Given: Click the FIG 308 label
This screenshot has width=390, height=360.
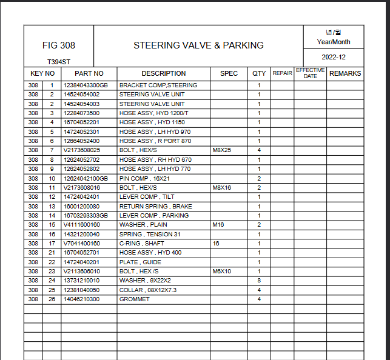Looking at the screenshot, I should pos(59,45).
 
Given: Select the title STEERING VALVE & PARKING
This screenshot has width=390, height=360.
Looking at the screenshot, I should pos(198,45).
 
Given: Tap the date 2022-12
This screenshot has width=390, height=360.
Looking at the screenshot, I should pos(333,57).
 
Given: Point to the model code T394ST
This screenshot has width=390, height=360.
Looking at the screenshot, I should pos(58,62).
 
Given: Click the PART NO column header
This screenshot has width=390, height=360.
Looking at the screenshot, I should pos(89,73).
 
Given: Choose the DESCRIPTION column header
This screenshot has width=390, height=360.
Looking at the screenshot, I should pos(164,73).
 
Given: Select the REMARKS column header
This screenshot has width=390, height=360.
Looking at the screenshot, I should pos(345,73).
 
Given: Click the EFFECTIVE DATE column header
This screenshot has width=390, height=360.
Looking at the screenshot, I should pos(310,73).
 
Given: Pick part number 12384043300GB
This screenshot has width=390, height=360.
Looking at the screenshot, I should pos(86,85).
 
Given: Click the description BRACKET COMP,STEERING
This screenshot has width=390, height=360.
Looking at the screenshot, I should pos(158,85).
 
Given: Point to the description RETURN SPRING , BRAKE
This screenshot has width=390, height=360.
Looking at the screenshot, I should pos(156,206).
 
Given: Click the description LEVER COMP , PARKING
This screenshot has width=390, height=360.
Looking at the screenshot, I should pos(154,216).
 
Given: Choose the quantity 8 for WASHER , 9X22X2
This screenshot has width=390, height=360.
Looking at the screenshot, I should pos(259,281).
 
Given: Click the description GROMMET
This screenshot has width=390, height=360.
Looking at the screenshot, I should pos(135,299).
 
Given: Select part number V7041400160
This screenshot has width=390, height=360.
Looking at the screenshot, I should pos(82,244).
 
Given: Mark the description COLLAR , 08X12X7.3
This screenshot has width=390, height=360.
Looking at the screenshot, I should pos(148,290).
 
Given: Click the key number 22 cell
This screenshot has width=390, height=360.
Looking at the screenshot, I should pos(52,262).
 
